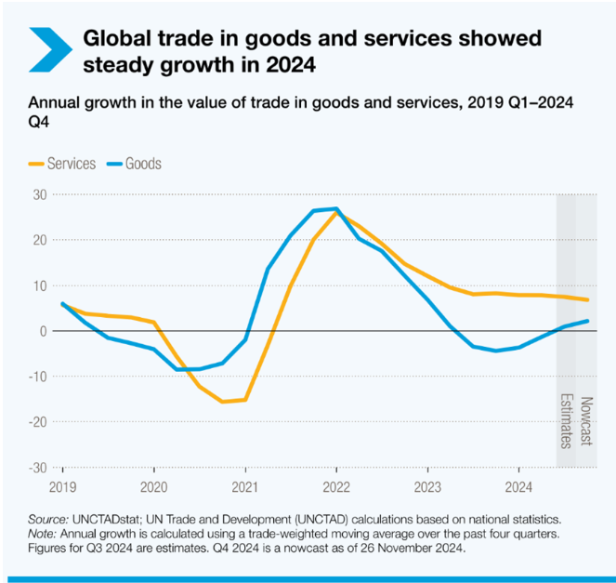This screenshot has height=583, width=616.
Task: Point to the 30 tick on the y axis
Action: [x=40, y=194]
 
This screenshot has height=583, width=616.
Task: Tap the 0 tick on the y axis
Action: [x=43, y=331]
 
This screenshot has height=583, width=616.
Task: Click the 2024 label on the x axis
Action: [x=518, y=485]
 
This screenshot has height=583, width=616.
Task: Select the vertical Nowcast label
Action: [x=586, y=421]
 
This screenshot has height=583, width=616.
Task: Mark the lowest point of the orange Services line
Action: [x=222, y=402]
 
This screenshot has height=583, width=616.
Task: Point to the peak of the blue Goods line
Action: [x=335, y=208]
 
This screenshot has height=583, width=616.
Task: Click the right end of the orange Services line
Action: [x=588, y=299]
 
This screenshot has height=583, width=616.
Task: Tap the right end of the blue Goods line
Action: [x=588, y=321]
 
